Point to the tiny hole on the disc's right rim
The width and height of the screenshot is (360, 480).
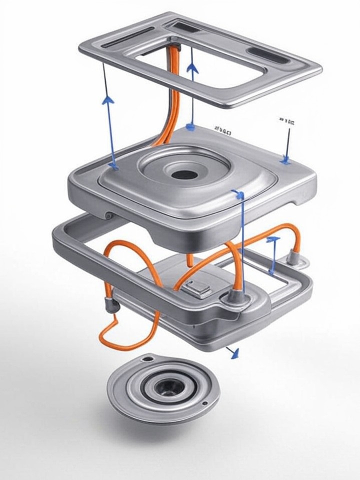point(205,403)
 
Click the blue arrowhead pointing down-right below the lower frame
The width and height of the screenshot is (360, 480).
point(233,353)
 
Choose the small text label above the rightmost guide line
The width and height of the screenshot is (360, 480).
point(287,121)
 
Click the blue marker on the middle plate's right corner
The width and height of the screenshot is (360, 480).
point(285,160)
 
